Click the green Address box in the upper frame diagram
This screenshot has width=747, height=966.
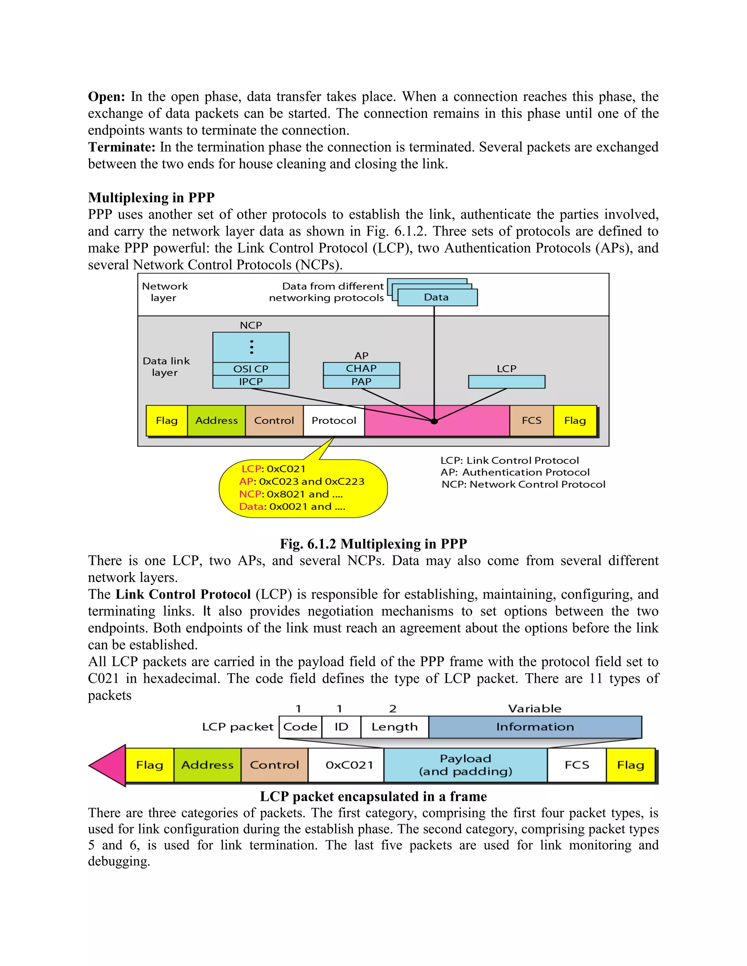pyautogui.click(x=216, y=421)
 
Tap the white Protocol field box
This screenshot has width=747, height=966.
pyautogui.click(x=334, y=421)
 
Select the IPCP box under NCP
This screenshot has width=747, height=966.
pyautogui.click(x=251, y=382)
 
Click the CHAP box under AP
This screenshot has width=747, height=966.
pyautogui.click(x=361, y=369)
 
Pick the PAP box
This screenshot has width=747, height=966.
pyautogui.click(x=361, y=382)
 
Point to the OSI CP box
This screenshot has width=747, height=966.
pyautogui.click(x=251, y=369)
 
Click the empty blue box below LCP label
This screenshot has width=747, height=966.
pyautogui.click(x=507, y=382)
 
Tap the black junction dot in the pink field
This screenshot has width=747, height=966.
pyautogui.click(x=434, y=421)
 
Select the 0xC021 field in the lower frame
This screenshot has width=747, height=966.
pyautogui.click(x=349, y=765)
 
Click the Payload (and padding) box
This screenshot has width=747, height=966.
pyautogui.click(x=465, y=765)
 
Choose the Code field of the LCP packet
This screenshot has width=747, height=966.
pyautogui.click(x=300, y=727)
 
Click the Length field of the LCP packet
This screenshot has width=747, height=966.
pyautogui.click(x=394, y=727)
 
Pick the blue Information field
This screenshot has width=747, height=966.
pyautogui.click(x=535, y=727)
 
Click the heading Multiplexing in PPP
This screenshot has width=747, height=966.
pyautogui.click(x=151, y=197)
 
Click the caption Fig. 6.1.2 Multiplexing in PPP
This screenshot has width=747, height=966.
pyautogui.click(x=373, y=544)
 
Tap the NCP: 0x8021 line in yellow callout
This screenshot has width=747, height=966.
pyautogui.click(x=291, y=494)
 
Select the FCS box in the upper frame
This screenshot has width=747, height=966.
pyautogui.click(x=531, y=421)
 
